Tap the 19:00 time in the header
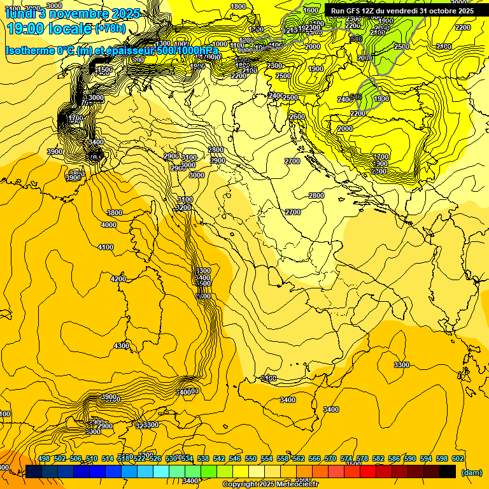(x=27, y=29)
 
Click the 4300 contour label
(x=121, y=346)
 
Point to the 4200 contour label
(x=118, y=279)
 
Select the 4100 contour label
(x=106, y=247)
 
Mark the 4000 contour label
(x=109, y=225)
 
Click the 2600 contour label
(x=297, y=117)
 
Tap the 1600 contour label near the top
(x=311, y=11)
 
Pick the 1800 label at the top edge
(x=237, y=6)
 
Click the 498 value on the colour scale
(x=44, y=459)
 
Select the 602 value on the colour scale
(x=458, y=459)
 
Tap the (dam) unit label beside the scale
(x=471, y=472)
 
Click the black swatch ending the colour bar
(x=448, y=472)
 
